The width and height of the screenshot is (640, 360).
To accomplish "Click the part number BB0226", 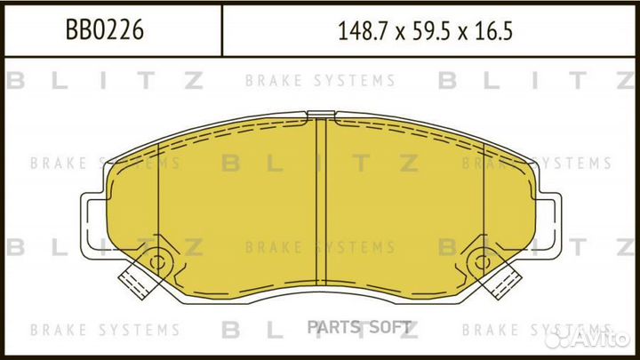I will [x=105, y=32].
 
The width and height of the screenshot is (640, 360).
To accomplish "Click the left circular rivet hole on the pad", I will [x=159, y=262].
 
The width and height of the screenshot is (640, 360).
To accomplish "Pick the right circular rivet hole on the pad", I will [x=484, y=262].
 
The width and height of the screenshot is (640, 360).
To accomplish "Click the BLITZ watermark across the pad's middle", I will [x=319, y=163].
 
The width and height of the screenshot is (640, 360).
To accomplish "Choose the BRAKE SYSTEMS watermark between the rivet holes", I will [x=319, y=246].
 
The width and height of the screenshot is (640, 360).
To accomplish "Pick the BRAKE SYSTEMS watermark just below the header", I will [x=319, y=81].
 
